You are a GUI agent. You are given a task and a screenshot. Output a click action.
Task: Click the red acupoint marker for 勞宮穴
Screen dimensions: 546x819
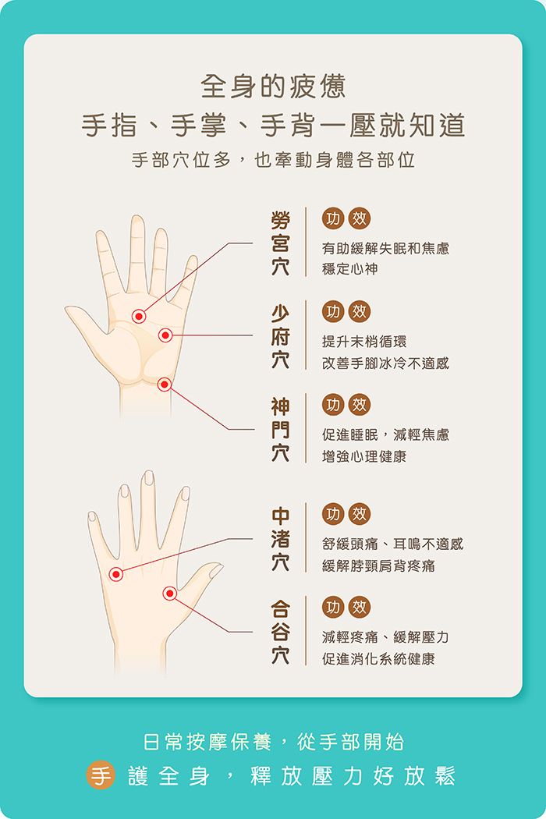[139, 316]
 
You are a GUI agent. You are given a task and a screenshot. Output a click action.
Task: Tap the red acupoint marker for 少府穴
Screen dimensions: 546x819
[165, 335]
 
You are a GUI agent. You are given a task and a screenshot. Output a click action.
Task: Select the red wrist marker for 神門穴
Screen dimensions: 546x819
[164, 385]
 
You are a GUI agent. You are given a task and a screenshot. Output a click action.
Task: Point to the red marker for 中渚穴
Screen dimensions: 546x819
[116, 574]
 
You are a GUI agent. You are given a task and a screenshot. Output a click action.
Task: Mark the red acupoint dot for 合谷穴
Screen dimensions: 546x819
[170, 594]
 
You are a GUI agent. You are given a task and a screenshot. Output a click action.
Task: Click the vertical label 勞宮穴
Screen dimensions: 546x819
[281, 243]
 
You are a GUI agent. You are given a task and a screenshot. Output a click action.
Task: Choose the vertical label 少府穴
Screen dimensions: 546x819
[281, 336]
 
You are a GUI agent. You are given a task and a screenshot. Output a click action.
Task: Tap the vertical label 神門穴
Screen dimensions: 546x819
[281, 429]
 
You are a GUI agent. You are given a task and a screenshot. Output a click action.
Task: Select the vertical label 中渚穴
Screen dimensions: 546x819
[281, 538]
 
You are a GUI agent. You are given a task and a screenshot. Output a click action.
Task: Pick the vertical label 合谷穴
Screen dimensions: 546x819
[281, 632]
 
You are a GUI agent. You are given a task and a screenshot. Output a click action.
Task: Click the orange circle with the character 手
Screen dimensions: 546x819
[101, 775]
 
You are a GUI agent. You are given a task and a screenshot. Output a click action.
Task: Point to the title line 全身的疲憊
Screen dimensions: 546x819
[273, 86]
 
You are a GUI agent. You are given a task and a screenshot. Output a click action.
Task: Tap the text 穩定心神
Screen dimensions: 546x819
[349, 269]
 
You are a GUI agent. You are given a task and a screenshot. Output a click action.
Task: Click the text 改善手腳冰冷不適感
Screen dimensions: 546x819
[385, 363]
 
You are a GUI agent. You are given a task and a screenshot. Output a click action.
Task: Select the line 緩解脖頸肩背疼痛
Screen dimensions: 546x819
[378, 565]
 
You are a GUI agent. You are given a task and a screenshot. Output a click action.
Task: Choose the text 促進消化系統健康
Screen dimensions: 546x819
[378, 658]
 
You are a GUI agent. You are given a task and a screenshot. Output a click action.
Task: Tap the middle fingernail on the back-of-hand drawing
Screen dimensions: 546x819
[149, 477]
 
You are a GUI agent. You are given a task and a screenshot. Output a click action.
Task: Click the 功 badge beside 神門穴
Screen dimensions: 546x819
[333, 405]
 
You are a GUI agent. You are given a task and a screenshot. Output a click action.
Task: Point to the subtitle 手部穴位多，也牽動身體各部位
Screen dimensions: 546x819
[273, 160]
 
